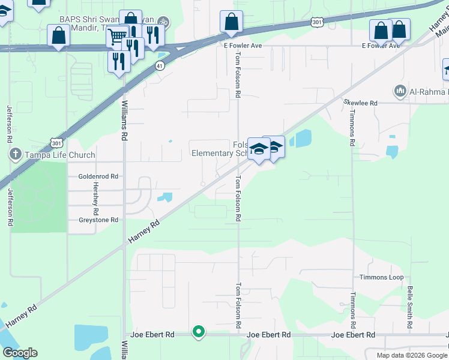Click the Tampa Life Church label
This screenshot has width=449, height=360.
tap(59, 155)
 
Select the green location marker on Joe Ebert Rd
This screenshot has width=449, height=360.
tap(199, 331)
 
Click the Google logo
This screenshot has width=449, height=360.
tap(20, 353)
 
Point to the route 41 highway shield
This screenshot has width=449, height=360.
tap(160, 65)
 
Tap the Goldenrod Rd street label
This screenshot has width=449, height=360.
tap(98, 176)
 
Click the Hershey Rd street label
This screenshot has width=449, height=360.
tap(95, 194)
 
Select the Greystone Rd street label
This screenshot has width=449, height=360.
tap(98, 220)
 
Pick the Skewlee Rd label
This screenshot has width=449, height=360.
tap(360, 103)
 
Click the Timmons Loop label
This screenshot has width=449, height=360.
tap(381, 277)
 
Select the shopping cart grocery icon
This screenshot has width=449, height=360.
tap(118, 37)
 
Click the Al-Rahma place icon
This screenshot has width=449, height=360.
tap(400, 91)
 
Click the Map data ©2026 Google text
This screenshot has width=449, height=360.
tap(411, 355)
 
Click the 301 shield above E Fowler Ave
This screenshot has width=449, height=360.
tap(316, 22)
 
